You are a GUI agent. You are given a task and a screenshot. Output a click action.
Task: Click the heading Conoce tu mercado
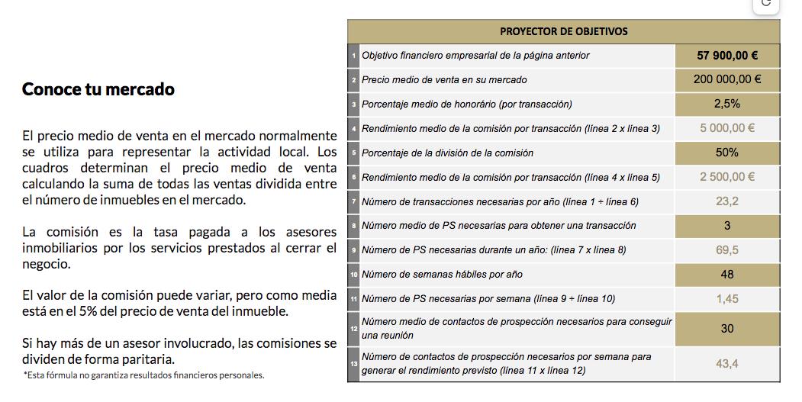point(98,89)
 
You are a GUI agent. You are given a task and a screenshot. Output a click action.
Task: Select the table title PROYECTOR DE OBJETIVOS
point(563,31)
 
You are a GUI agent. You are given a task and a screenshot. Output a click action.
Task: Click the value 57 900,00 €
point(726,56)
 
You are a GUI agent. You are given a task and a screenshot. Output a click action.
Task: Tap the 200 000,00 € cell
point(726,79)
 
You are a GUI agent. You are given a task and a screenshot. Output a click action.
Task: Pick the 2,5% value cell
point(726,104)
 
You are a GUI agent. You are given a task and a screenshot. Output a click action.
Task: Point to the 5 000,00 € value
point(726,128)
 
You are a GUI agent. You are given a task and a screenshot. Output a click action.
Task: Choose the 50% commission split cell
point(726,153)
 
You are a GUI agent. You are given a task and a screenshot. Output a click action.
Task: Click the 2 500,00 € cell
point(726,177)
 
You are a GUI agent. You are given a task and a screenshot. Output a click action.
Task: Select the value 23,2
point(726,201)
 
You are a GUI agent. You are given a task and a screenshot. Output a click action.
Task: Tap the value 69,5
point(726,250)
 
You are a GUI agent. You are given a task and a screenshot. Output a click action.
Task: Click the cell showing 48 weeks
point(726,275)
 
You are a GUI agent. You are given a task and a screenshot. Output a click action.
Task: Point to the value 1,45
point(726,299)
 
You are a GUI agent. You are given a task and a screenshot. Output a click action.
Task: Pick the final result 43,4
point(726,364)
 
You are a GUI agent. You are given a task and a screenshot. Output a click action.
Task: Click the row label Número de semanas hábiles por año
point(442,275)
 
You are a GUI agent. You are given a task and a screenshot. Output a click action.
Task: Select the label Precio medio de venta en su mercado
point(444,79)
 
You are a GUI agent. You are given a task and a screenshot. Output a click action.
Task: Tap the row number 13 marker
point(353,365)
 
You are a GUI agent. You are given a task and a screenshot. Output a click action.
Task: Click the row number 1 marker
point(353,56)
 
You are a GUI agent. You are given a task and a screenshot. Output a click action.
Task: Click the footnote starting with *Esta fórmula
point(143,375)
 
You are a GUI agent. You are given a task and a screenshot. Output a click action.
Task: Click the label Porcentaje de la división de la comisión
point(447,153)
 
